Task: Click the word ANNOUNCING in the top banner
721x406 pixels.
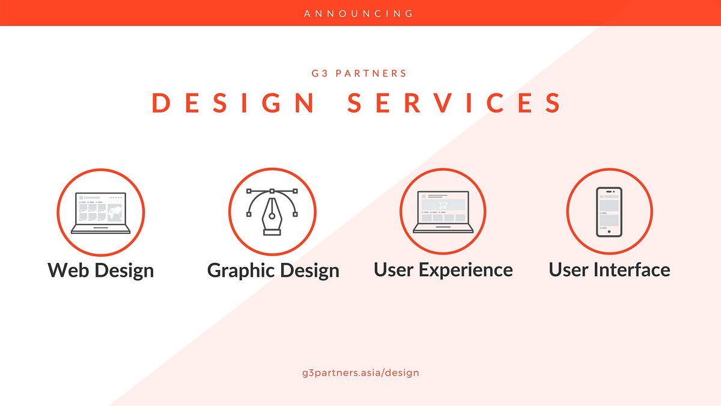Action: pyautogui.click(x=359, y=13)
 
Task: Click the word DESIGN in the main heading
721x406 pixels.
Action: pyautogui.click(x=234, y=103)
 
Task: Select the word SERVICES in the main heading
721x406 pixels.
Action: pyautogui.click(x=455, y=103)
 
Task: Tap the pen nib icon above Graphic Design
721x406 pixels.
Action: pyautogui.click(x=272, y=212)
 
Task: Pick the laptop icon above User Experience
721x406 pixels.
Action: pyautogui.click(x=443, y=212)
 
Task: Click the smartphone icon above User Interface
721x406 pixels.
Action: pyautogui.click(x=609, y=212)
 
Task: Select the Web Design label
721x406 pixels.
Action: pyautogui.click(x=100, y=270)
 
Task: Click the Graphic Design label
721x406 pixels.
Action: pyautogui.click(x=273, y=270)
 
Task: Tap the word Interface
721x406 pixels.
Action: pyautogui.click(x=631, y=269)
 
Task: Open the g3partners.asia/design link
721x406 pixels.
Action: pyautogui.click(x=360, y=372)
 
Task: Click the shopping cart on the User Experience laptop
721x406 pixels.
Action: pyautogui.click(x=443, y=205)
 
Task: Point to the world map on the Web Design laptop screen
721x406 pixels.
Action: pyautogui.click(x=115, y=212)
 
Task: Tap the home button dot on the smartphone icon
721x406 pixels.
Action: pyautogui.click(x=609, y=232)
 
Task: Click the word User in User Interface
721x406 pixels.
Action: pyautogui.click(x=568, y=269)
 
